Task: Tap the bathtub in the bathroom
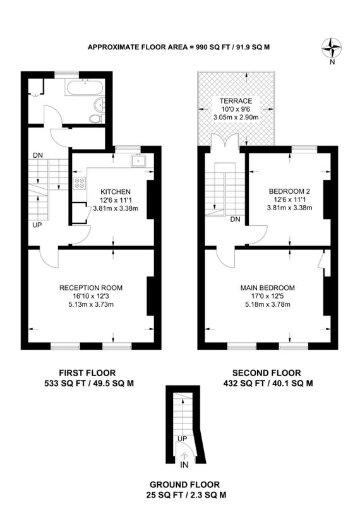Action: [85, 87]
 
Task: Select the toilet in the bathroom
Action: [95, 118]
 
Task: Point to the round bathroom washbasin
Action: [99, 104]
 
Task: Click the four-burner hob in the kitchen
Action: [80, 183]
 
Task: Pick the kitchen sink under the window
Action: [138, 160]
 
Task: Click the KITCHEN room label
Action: [116, 192]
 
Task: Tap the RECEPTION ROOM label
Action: [91, 288]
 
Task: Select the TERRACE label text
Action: [236, 101]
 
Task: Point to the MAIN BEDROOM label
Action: [268, 288]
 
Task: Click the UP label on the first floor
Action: [37, 225]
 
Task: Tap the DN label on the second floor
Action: [236, 220]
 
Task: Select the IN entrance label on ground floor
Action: [184, 465]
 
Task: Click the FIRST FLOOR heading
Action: [87, 373]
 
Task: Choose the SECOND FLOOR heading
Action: [267, 373]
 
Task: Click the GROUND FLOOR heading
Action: [184, 485]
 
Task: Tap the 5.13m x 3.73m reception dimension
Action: [91, 304]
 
